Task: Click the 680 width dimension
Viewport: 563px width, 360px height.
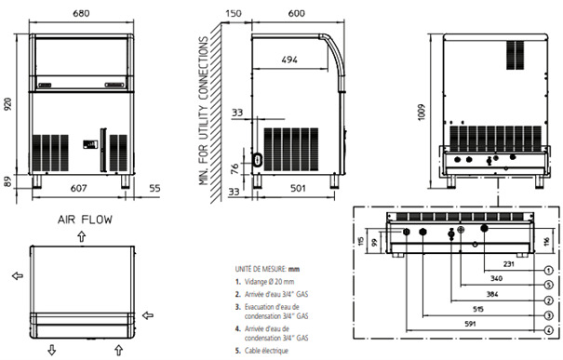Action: [x=81, y=13]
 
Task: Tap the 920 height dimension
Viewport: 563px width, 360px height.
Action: [x=8, y=104]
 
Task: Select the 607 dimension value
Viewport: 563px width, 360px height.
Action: [x=78, y=188]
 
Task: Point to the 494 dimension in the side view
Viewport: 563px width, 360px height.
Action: [x=289, y=60]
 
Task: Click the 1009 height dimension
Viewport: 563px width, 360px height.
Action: [x=422, y=113]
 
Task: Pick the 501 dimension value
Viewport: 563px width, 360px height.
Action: [x=298, y=188]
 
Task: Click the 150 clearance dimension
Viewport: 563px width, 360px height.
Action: [x=234, y=13]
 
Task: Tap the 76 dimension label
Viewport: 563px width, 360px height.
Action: [x=235, y=168]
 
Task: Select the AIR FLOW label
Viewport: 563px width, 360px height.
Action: [x=85, y=220]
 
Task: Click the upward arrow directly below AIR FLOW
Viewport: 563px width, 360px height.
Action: [x=82, y=236]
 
